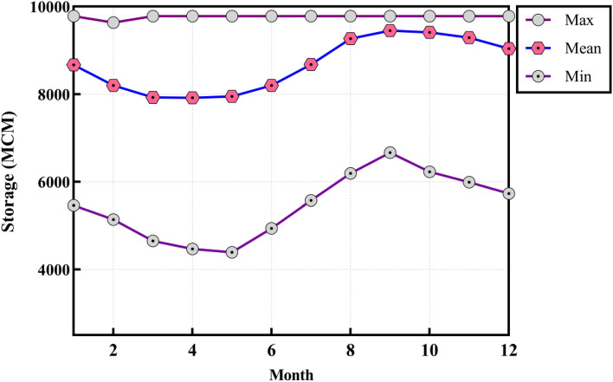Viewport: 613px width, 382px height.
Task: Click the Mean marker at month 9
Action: pos(390,30)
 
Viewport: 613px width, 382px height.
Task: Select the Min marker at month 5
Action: pos(231,252)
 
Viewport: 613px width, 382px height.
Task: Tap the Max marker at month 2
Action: pos(113,23)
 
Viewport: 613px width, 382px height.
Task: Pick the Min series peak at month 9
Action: pos(390,152)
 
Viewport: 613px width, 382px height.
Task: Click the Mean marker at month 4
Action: pos(192,98)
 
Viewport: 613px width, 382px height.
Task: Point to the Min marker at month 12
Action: pos(508,193)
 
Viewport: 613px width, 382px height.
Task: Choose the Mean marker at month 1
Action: pos(74,65)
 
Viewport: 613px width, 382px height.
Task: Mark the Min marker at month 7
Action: pos(311,200)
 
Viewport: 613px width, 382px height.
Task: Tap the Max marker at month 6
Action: pos(271,16)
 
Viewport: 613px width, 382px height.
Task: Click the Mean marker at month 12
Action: pos(508,49)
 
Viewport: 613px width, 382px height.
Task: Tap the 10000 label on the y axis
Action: pos(42,8)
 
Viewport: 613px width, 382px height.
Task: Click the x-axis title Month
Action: pos(291,373)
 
